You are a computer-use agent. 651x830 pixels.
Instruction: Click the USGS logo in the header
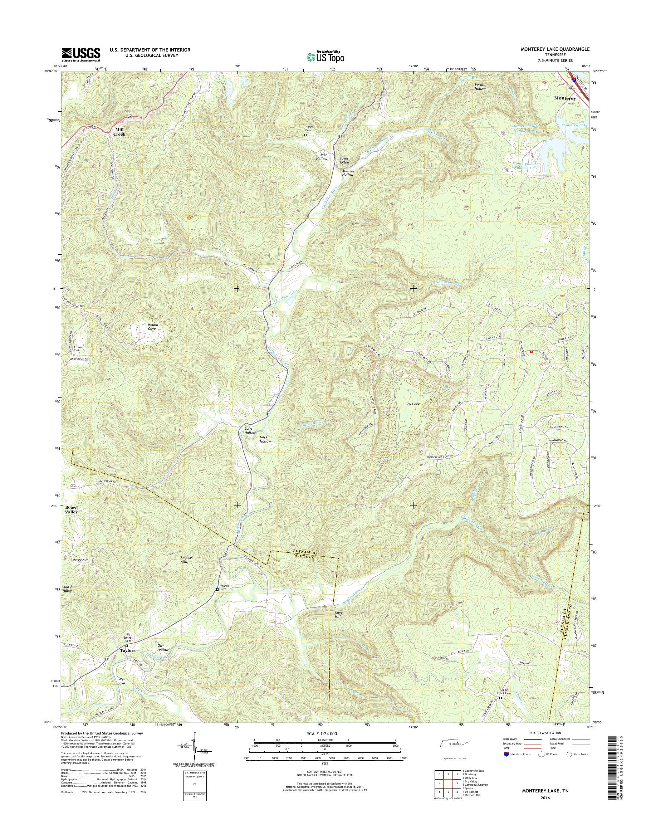tap(81, 54)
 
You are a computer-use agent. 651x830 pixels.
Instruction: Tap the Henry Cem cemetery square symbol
tap(305, 135)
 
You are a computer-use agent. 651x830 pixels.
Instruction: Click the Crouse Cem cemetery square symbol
tap(74, 355)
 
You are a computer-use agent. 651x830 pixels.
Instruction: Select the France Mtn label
tap(186, 559)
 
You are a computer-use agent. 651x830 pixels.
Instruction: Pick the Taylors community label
tap(128, 650)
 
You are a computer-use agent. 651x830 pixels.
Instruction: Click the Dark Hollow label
tap(265, 439)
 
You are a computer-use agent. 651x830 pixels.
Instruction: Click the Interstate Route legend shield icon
tap(506, 754)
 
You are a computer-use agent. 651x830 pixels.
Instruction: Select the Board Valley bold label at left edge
tap(71, 510)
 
